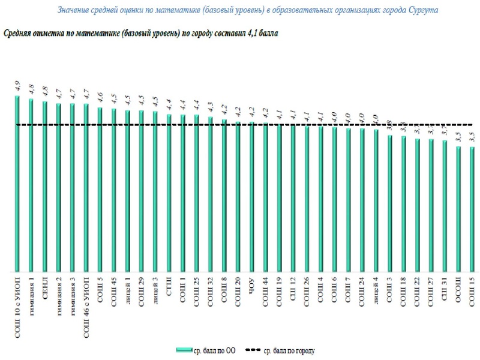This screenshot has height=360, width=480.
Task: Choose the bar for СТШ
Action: pyautogui.click(x=169, y=193)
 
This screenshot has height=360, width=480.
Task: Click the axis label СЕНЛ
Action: pyautogui.click(x=46, y=287)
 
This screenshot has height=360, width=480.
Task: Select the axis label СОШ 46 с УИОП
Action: pyautogui.click(x=86, y=300)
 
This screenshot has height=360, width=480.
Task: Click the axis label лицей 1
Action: pyautogui.click(x=128, y=290)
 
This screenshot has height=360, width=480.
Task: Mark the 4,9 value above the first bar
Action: pyautogui.click(x=17, y=85)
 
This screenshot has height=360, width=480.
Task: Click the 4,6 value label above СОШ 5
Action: pyautogui.click(x=100, y=98)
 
